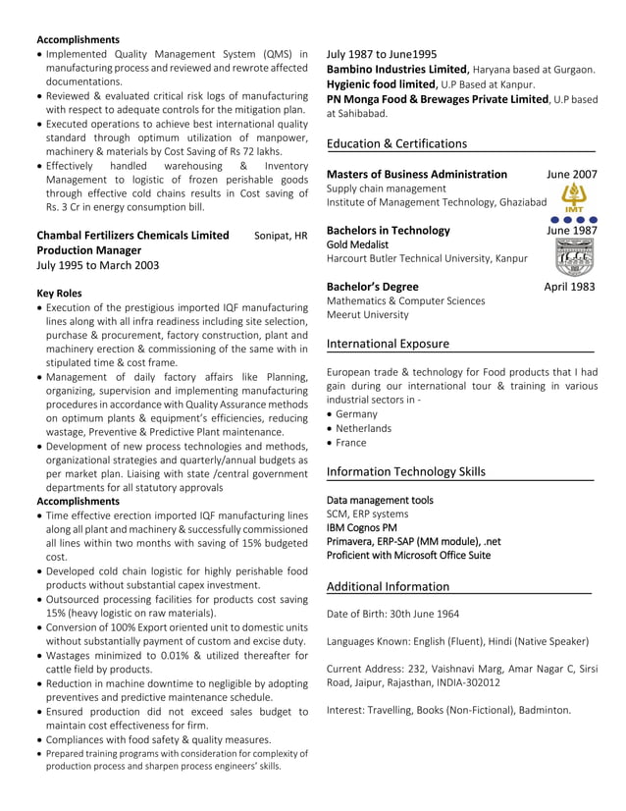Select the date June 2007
[571, 174]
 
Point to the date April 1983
[570, 287]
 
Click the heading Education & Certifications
[396, 143]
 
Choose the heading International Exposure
[388, 344]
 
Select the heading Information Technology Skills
[405, 471]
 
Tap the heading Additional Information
[388, 586]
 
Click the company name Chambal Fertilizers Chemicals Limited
[132, 236]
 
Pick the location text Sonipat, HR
[280, 236]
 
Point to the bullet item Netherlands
[363, 428]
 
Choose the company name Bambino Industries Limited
[397, 70]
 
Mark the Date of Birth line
[392, 615]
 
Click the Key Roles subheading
[59, 293]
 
